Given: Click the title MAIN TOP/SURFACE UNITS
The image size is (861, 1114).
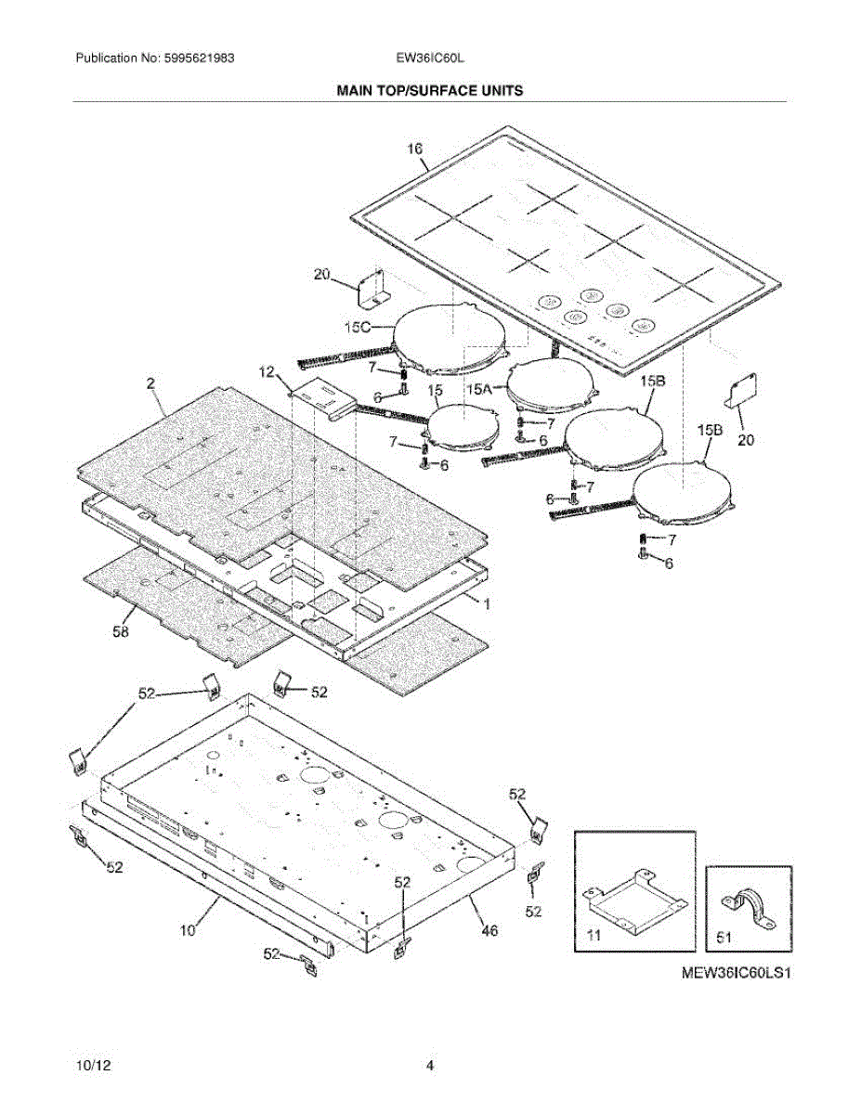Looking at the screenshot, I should (x=429, y=91).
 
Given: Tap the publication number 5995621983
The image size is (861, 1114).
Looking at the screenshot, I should (x=196, y=58).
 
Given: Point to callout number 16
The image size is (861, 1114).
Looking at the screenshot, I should (x=414, y=149).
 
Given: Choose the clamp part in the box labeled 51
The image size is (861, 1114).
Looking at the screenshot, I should (x=748, y=904).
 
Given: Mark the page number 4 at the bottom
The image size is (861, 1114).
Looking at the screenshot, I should (x=430, y=1066).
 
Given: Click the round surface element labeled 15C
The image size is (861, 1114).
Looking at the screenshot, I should (x=450, y=335).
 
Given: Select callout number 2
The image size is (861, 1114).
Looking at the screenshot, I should (x=150, y=382).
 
